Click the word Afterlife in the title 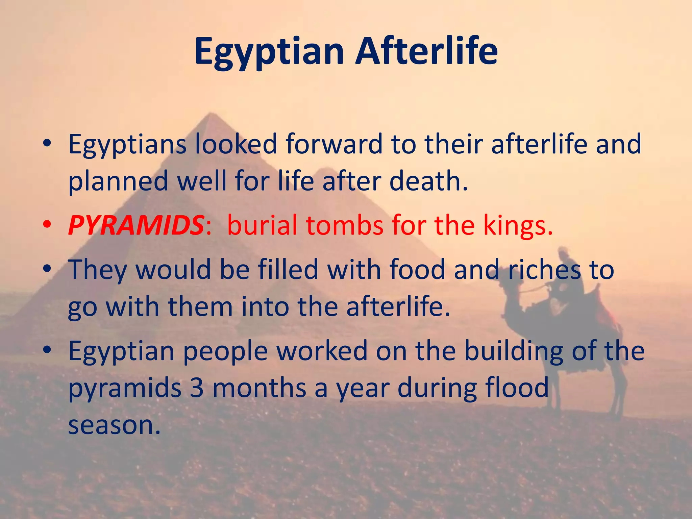pyautogui.click(x=426, y=51)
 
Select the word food pyautogui.click(x=417, y=270)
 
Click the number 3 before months pyautogui.click(x=197, y=388)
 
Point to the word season pyautogui.click(x=114, y=425)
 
